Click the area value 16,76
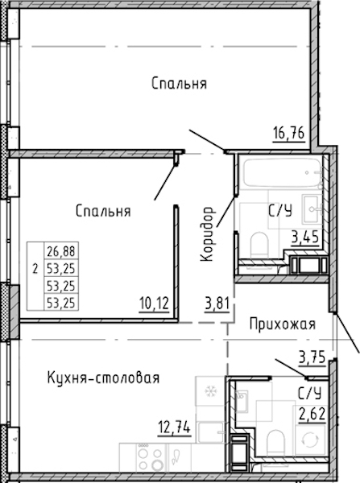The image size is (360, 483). pyautogui.click(x=289, y=134)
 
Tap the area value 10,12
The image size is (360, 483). pyautogui.click(x=154, y=303)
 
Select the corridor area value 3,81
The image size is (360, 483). pyautogui.click(x=217, y=303)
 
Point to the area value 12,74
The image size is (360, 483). pyautogui.click(x=175, y=427)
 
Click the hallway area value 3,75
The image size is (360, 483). pyautogui.click(x=312, y=357)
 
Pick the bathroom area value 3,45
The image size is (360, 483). pyautogui.click(x=305, y=237)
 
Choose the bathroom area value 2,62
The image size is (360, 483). pyautogui.click(x=312, y=414)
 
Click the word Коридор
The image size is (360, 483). pyautogui.click(x=207, y=234)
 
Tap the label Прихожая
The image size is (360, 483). pyautogui.click(x=283, y=324)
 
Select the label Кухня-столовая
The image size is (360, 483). pyautogui.click(x=104, y=378)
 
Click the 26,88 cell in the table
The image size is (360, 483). pyautogui.click(x=61, y=251)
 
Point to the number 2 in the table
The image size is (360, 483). pyautogui.click(x=35, y=269)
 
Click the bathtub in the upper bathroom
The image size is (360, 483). pyautogui.click(x=283, y=172)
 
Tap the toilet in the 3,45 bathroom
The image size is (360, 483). pyautogui.click(x=259, y=246)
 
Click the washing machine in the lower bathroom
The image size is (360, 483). pyautogui.click(x=310, y=440)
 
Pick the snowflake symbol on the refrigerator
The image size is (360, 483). pyautogui.click(x=211, y=391)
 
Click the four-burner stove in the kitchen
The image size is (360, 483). pyautogui.click(x=151, y=458)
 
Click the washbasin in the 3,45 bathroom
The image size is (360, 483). pyautogui.click(x=312, y=209)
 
